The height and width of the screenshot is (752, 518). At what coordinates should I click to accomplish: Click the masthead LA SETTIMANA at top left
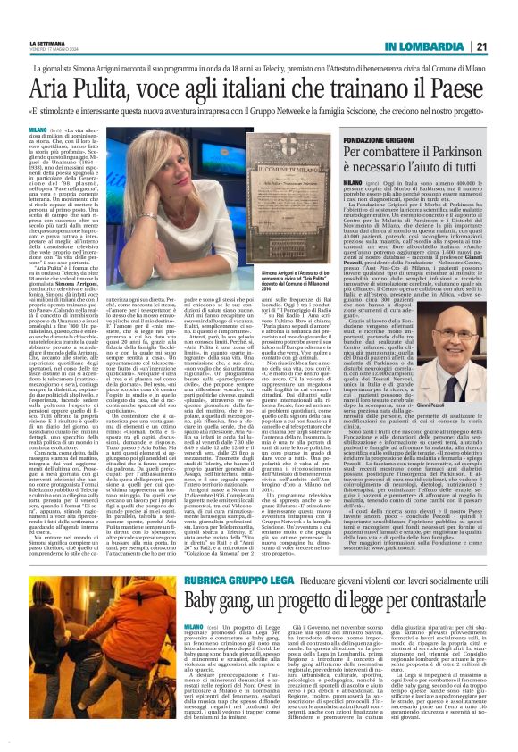[x=35, y=14]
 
